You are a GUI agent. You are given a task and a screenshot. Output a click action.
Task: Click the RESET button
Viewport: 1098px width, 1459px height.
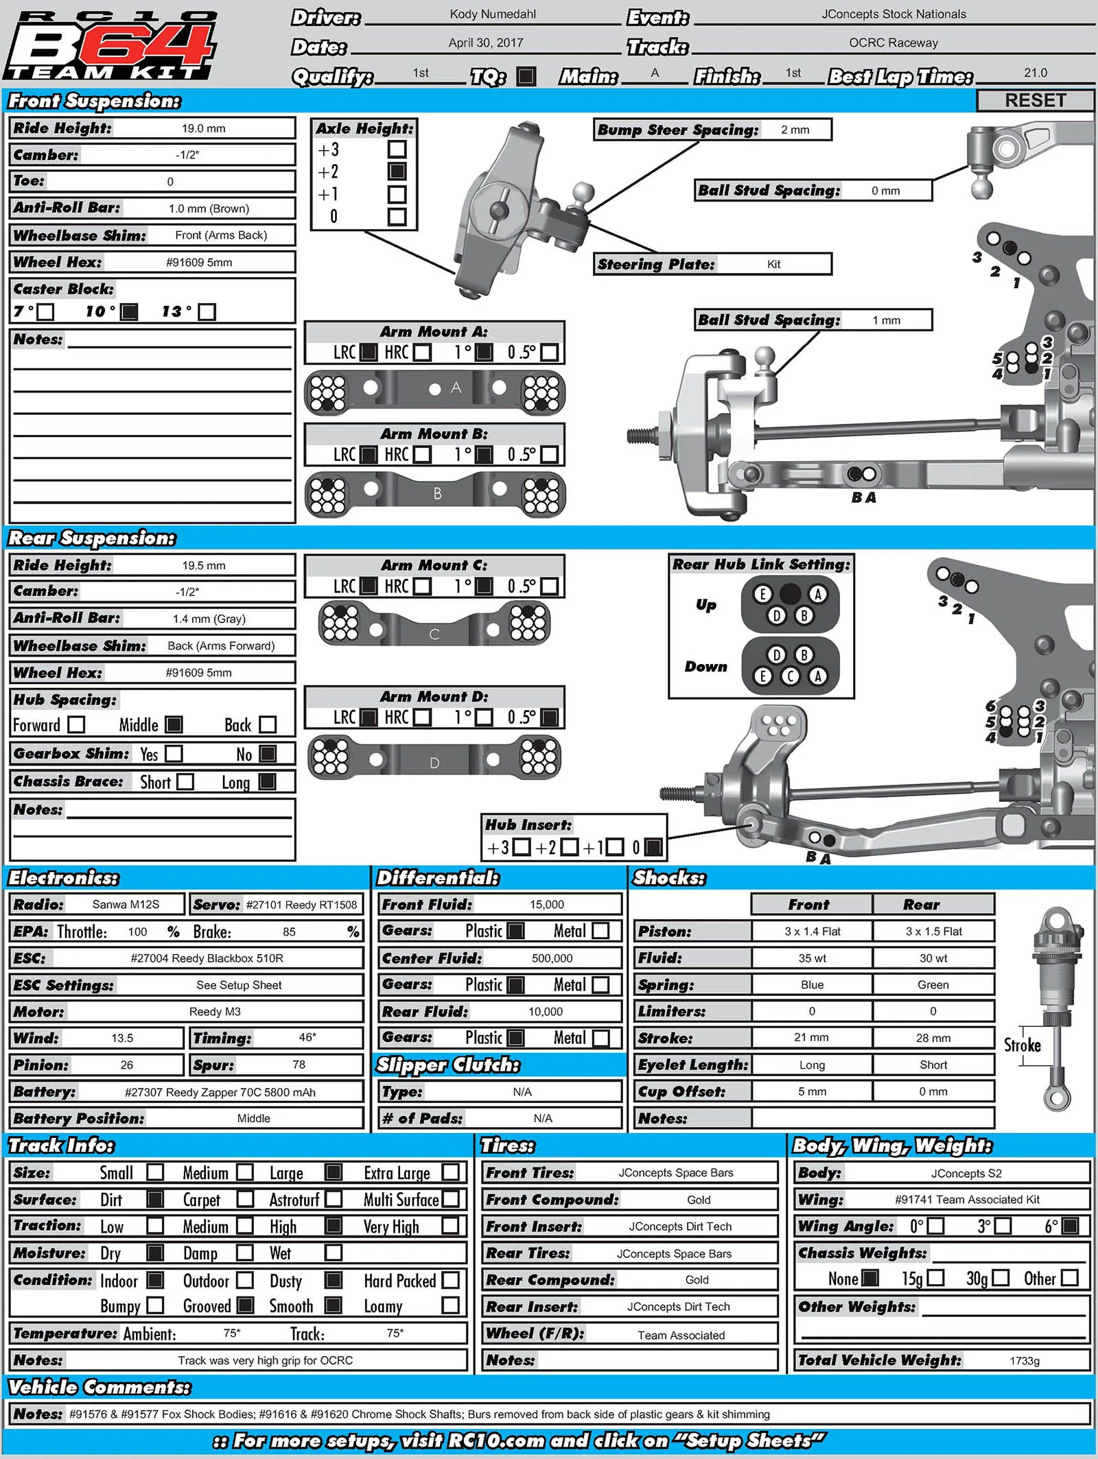coord(1035,100)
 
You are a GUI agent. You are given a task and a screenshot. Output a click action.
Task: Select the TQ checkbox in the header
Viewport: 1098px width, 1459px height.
coord(526,75)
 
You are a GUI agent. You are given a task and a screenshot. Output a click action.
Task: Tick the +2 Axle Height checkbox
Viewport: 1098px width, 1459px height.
coord(397,171)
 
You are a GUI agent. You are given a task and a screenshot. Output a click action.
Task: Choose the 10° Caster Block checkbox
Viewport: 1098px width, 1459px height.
coord(129,312)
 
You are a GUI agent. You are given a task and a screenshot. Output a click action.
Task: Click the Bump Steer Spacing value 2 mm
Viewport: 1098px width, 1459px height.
coord(795,130)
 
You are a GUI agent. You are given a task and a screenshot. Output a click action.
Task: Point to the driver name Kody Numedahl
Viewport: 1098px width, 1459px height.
coord(493,14)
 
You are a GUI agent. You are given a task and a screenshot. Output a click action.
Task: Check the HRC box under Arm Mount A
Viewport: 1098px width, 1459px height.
coord(423,353)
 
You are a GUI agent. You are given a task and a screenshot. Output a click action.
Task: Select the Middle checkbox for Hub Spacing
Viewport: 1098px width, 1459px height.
coord(174,724)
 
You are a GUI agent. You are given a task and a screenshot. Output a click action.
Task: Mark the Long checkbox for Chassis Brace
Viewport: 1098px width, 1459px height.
coord(267,781)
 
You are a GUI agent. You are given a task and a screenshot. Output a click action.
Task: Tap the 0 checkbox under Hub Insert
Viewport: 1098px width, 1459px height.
coord(653,847)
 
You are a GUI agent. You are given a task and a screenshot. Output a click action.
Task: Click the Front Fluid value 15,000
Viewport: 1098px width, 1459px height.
coord(547,904)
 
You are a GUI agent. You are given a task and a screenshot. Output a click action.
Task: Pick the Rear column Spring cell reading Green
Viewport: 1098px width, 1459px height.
coord(933,984)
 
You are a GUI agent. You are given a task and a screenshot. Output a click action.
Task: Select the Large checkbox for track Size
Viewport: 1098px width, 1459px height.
coord(334,1172)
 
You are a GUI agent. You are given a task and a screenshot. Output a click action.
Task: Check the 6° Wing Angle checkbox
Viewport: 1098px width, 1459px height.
coord(1070,1226)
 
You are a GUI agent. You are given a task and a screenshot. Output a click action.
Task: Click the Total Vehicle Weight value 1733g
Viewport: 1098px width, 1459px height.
coord(1025,1361)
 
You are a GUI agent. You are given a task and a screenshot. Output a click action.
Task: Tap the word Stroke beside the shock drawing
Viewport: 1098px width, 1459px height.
coord(1022,1045)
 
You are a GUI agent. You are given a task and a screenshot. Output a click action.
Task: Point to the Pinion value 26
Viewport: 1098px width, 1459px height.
coord(127,1065)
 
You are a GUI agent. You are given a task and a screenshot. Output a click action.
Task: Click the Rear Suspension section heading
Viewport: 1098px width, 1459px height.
coord(91,538)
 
